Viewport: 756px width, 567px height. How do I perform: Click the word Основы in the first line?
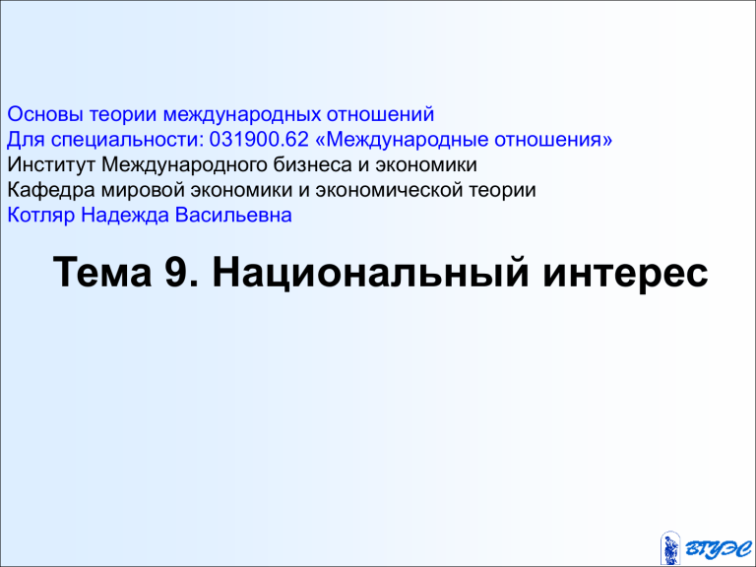45,114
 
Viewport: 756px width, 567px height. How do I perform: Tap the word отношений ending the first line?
380,114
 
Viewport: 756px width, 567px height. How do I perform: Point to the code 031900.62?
259,140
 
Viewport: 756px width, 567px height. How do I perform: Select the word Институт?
51,165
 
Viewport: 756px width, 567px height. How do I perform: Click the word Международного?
185,165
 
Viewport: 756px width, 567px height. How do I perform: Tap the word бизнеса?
313,165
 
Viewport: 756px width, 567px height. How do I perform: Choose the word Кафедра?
51,190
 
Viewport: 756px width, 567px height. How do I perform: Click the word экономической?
390,190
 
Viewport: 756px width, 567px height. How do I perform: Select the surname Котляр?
41,216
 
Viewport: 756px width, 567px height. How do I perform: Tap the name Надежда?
125,216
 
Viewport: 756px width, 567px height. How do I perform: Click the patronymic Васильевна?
233,215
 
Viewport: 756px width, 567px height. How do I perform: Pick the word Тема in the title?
102,272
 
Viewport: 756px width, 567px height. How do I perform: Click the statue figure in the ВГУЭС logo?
670,547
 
